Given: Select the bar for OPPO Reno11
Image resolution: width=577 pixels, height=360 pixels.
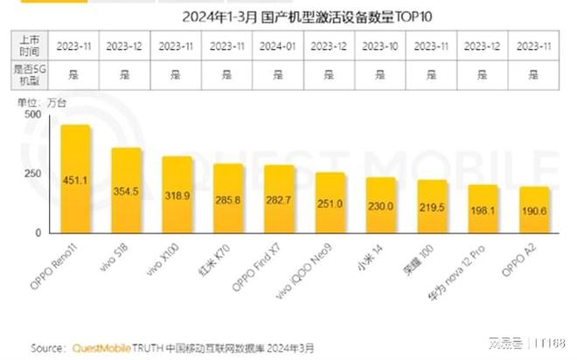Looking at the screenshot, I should (x=75, y=179).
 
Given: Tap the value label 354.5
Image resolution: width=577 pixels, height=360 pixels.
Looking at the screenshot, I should (x=127, y=191).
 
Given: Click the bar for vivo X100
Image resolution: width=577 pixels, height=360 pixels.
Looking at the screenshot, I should (x=178, y=195).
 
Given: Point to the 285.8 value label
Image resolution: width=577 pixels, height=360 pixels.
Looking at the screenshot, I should (x=229, y=199).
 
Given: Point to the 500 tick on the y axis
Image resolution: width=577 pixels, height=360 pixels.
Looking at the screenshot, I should (x=32, y=114).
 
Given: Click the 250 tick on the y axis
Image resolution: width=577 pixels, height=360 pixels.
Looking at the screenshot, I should (x=32, y=174).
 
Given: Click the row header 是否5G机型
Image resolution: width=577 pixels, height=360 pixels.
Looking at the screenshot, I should (x=28, y=75).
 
